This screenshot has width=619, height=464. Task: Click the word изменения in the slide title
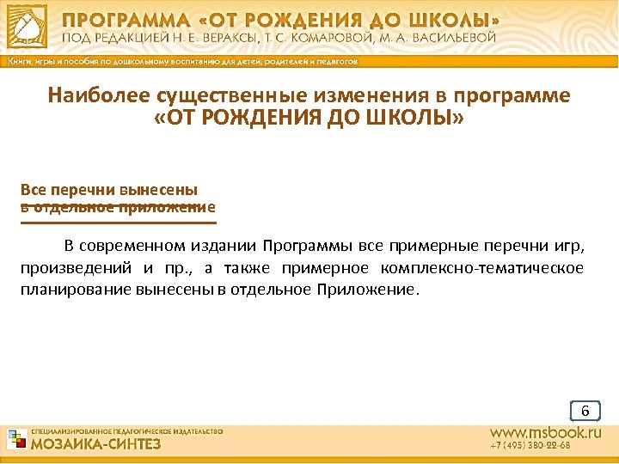coord(338,95)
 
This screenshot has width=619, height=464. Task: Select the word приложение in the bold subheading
coord(176,207)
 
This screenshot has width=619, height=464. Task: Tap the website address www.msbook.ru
coord(545,433)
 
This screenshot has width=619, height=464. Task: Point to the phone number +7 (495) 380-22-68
coord(530,447)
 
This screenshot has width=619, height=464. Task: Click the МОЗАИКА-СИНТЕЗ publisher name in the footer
coord(95,445)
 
